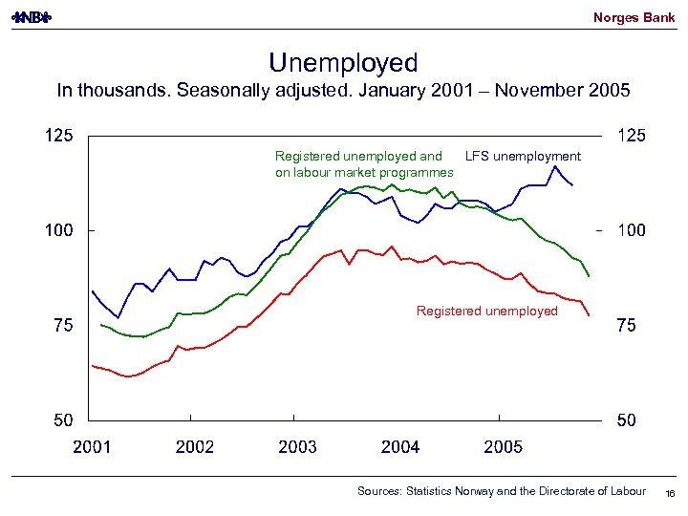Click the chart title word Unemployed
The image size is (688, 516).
pyautogui.click(x=343, y=63)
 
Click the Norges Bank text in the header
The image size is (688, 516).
pyautogui.click(x=634, y=17)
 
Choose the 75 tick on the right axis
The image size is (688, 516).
pyautogui.click(x=628, y=326)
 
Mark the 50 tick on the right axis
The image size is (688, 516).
pyautogui.click(x=628, y=420)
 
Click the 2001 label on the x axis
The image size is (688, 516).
pyautogui.click(x=92, y=446)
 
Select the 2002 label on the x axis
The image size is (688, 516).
pyautogui.click(x=195, y=446)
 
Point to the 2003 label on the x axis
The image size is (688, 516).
pyautogui.click(x=298, y=446)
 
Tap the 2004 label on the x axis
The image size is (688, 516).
pyautogui.click(x=400, y=446)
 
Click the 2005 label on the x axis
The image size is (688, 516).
pyautogui.click(x=503, y=446)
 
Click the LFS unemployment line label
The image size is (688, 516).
pyautogui.click(x=522, y=157)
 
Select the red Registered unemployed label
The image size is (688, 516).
pyautogui.click(x=487, y=311)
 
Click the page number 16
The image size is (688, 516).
pyautogui.click(x=670, y=492)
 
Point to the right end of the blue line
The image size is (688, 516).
pyautogui.click(x=571, y=184)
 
